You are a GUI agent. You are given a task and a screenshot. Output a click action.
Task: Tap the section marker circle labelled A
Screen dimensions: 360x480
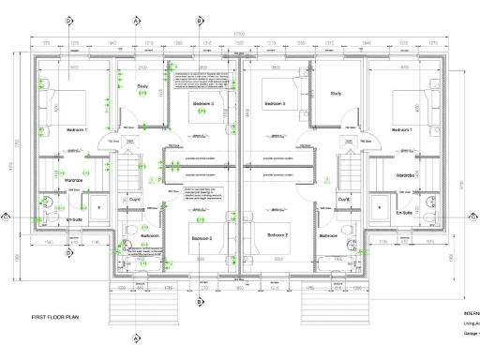(x=137, y=20)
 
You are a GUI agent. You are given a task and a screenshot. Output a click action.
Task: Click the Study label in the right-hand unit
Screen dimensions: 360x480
(x=336, y=94)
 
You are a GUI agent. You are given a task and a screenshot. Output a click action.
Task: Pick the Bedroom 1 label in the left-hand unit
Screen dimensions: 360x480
(x=66, y=128)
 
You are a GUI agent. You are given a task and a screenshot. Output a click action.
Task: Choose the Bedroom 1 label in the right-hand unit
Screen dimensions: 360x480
(x=401, y=128)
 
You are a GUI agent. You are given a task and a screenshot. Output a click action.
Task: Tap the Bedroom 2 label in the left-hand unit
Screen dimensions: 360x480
(x=203, y=239)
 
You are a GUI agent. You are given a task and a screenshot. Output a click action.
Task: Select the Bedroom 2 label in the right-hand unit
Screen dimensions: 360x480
(x=277, y=234)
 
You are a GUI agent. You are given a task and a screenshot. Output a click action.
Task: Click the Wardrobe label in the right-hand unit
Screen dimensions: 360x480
(x=405, y=175)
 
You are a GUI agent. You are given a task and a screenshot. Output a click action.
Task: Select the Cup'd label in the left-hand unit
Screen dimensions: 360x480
(x=134, y=200)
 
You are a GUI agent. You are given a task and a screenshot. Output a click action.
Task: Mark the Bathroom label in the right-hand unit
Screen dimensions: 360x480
(x=329, y=236)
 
